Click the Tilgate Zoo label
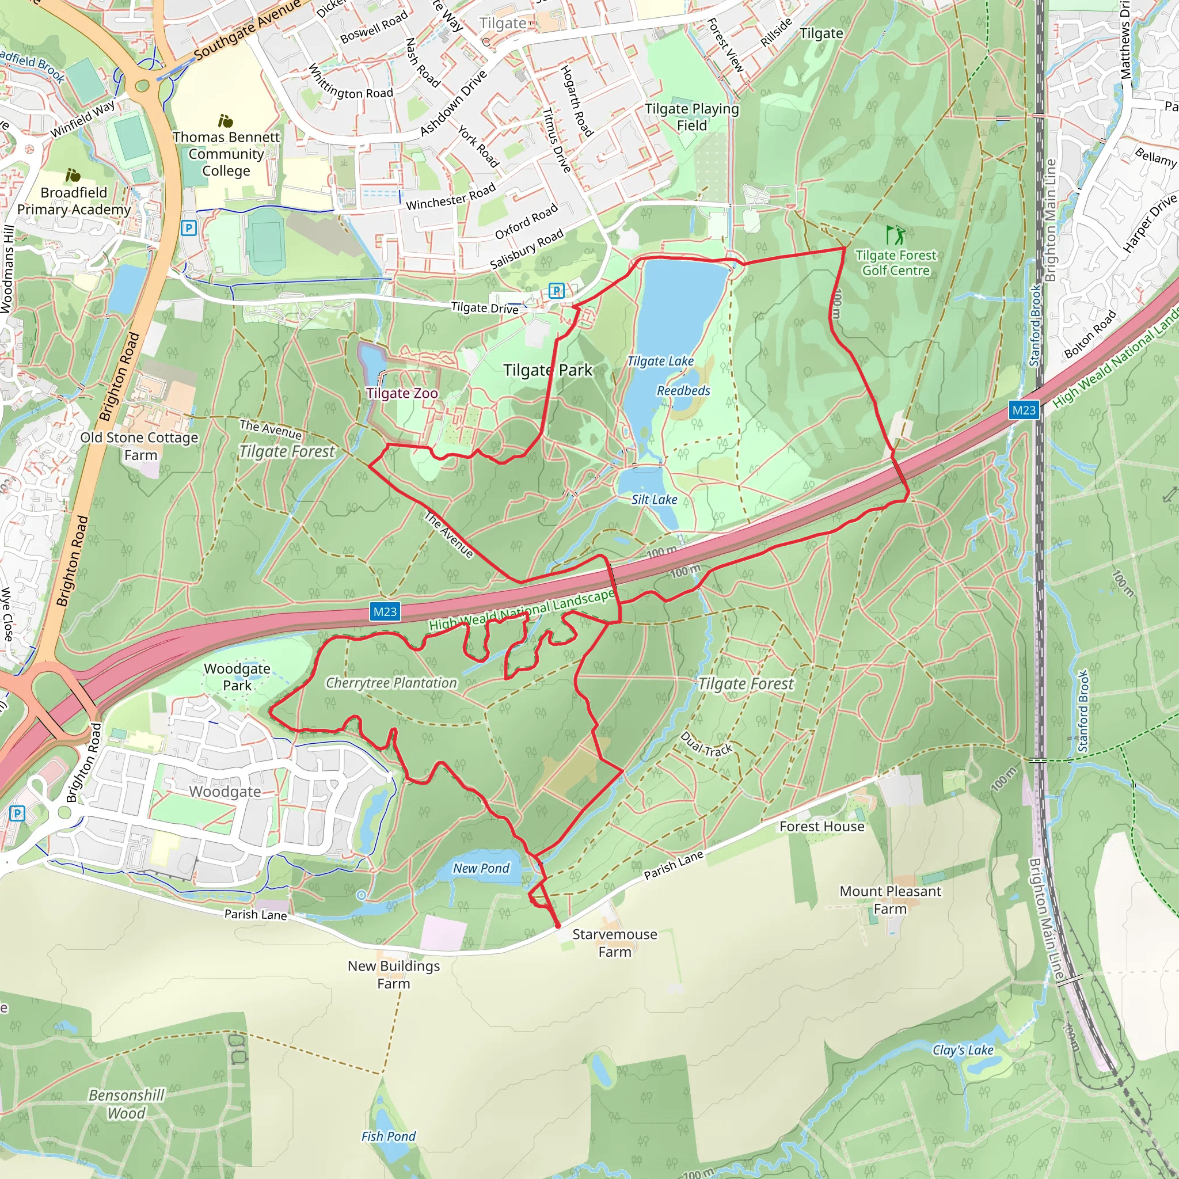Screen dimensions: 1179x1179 [402, 394]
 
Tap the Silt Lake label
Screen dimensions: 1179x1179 [654, 500]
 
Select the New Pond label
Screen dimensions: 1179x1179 [481, 868]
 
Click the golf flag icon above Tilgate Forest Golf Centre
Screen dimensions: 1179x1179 [895, 234]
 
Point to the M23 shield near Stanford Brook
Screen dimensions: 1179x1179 [1024, 410]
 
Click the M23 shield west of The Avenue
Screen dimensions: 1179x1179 [385, 611]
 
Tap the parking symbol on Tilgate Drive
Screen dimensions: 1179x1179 [556, 291]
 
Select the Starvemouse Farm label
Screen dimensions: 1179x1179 [614, 943]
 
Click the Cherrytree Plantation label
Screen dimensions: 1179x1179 [391, 683]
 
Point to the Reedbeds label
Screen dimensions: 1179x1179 [683, 390]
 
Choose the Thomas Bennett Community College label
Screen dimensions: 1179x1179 [226, 154]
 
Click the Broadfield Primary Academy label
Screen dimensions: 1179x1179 [74, 201]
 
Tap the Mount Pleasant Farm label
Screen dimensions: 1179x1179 [890, 900]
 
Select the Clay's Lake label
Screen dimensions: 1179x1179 [963, 1049]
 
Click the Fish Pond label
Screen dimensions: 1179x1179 [388, 1136]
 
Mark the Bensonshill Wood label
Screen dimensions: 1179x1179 [126, 1104]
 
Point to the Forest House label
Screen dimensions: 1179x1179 [822, 826]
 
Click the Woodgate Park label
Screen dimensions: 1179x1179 [237, 677]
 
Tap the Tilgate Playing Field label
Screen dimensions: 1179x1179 [691, 116]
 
